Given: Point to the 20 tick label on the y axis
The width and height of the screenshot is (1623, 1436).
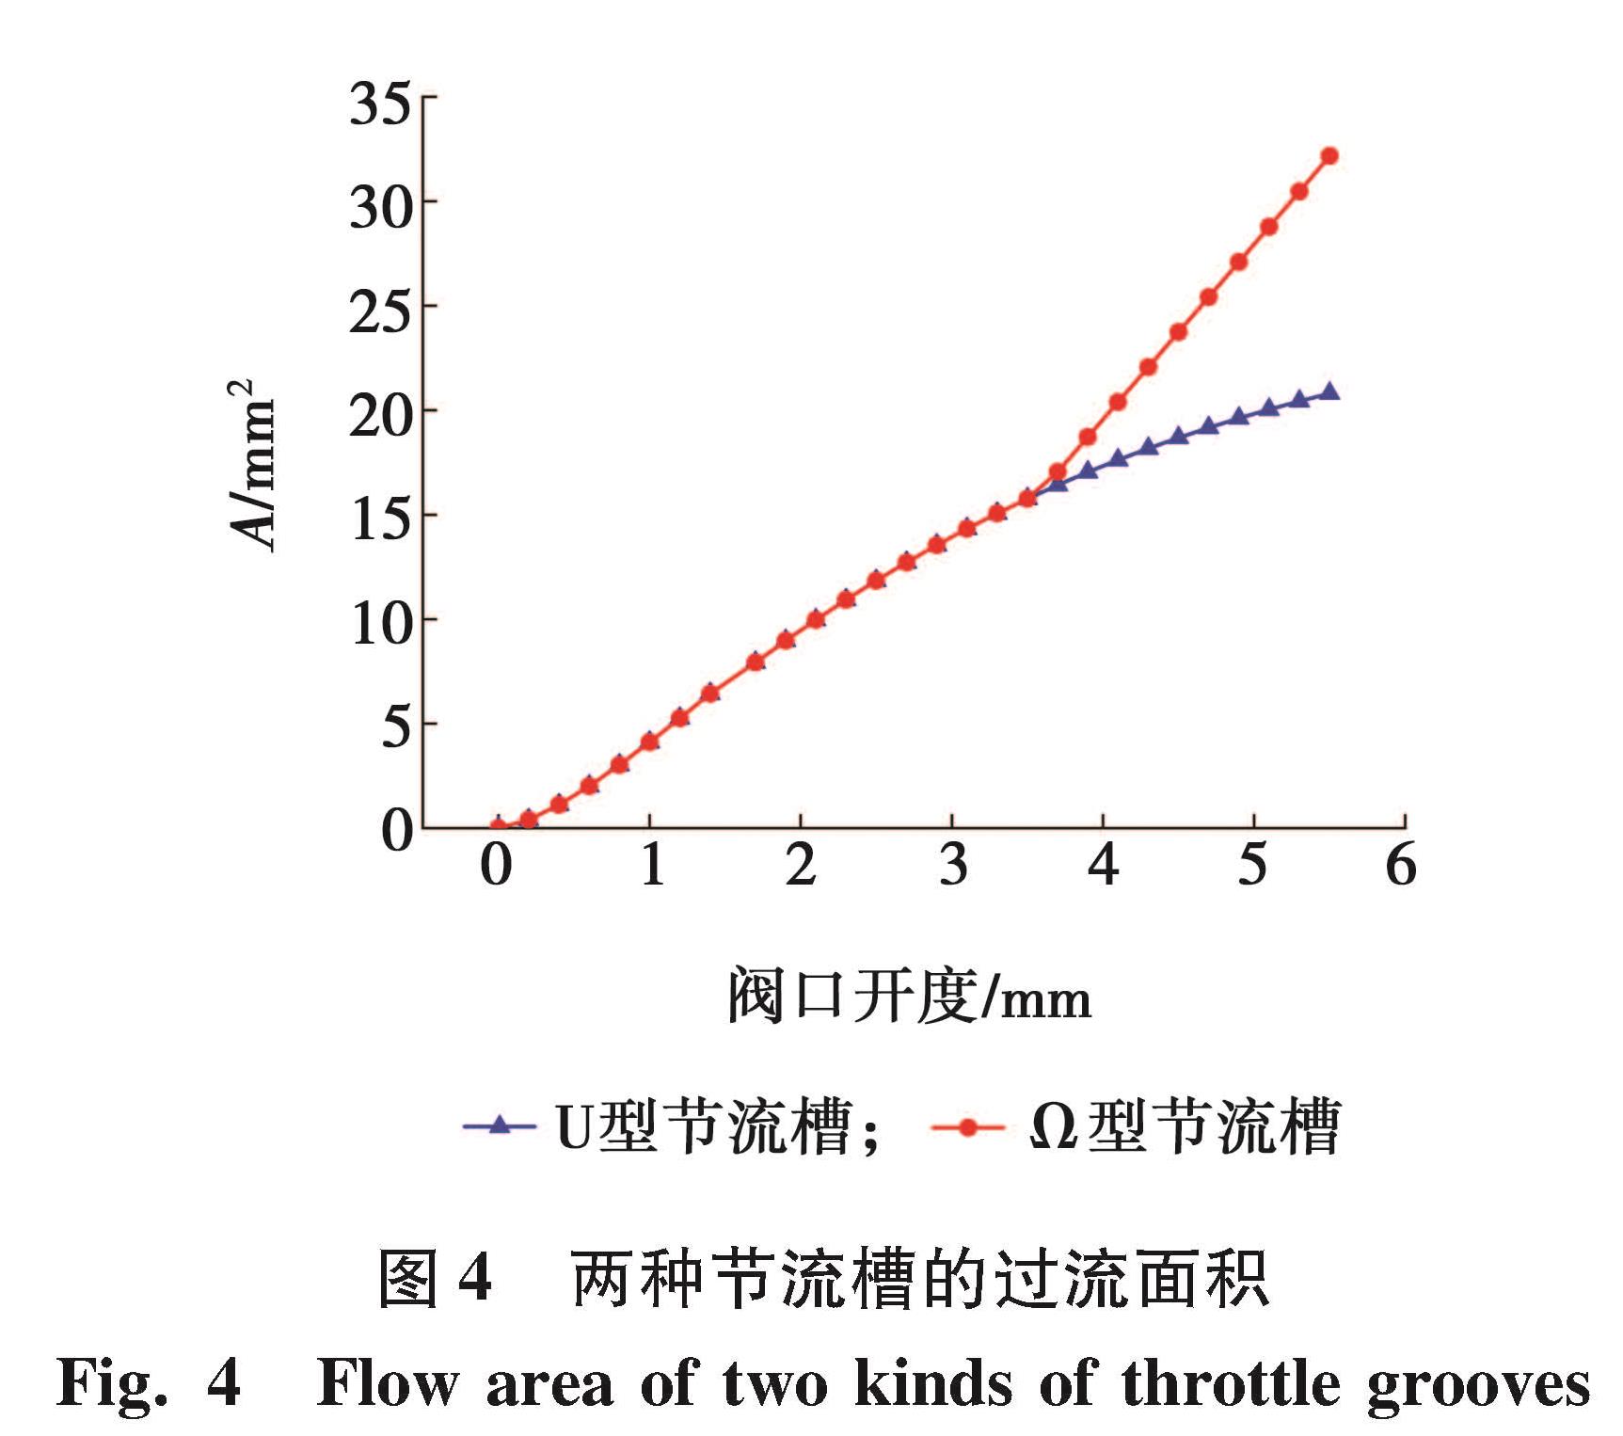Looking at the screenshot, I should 381,415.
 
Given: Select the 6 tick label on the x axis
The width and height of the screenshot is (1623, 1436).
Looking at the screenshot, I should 1401,865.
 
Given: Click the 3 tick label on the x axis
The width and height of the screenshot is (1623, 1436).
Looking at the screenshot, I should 953,865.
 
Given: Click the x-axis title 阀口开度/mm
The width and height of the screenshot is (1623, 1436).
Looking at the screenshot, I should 910,997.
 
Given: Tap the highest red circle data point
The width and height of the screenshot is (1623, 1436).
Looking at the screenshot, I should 1329,156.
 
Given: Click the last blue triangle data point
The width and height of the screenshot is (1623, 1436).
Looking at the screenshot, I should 1329,391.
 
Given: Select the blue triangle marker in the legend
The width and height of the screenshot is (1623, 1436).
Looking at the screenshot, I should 500,1124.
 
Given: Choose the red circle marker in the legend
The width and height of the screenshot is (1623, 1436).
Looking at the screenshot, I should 966,1125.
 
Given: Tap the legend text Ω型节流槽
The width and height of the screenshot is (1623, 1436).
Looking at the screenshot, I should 1185,1126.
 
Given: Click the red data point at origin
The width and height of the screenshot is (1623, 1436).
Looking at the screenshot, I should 499,827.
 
